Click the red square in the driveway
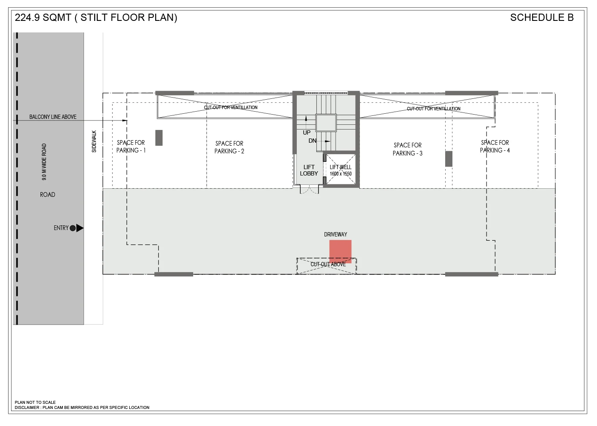(x=340, y=252)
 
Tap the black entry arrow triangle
(x=80, y=228)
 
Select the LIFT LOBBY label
(x=309, y=170)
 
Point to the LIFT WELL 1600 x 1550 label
(x=341, y=170)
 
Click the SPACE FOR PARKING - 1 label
(x=131, y=147)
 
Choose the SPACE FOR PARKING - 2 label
(x=229, y=147)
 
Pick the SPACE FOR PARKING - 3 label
(x=408, y=149)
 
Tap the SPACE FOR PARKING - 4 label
(x=495, y=147)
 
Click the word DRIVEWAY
(x=336, y=234)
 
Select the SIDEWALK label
(x=94, y=141)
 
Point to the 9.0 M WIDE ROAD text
(x=44, y=162)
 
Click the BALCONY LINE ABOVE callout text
(x=53, y=117)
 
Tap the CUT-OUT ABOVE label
(x=328, y=264)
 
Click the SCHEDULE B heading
(x=542, y=17)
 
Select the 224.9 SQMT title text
(x=43, y=17)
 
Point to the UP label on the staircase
(x=307, y=132)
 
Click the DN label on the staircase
(x=312, y=141)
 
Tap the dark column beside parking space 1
(x=159, y=138)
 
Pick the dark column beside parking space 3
(x=449, y=159)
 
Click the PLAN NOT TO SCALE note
(x=35, y=402)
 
